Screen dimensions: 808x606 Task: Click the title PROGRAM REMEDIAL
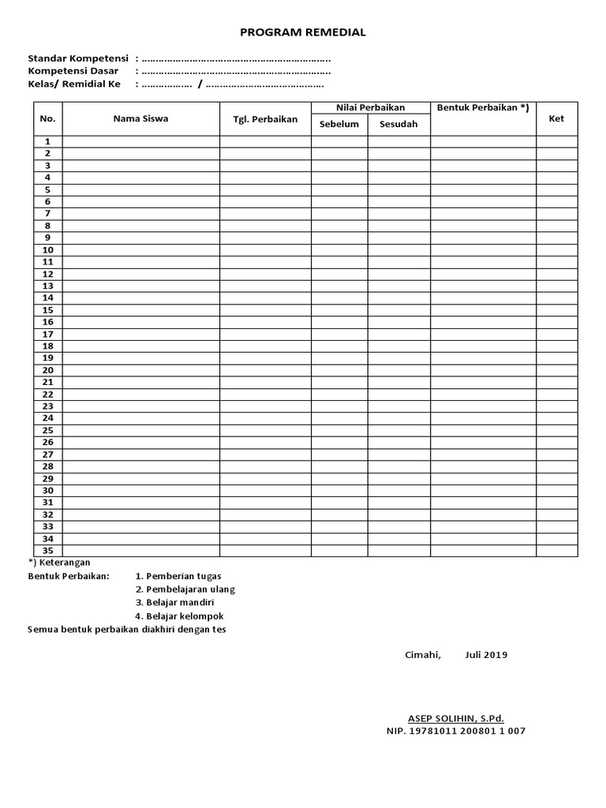(x=303, y=32)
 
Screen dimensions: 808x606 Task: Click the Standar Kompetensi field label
(x=78, y=58)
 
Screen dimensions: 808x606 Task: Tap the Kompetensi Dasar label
(x=73, y=71)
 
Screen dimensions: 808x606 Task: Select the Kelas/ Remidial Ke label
(x=74, y=84)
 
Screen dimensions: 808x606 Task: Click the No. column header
(x=47, y=118)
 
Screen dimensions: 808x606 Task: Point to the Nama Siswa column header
(x=140, y=118)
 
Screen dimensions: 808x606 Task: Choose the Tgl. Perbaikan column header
(x=265, y=119)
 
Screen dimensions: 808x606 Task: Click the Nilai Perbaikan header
(x=370, y=107)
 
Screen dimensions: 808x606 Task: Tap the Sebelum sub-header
(x=339, y=124)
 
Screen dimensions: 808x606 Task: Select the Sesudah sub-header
(x=398, y=124)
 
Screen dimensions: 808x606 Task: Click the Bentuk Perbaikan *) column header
(x=483, y=107)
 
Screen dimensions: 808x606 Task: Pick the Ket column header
(x=556, y=118)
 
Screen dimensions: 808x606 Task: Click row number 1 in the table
(x=47, y=141)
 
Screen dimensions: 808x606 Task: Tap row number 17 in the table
(x=47, y=334)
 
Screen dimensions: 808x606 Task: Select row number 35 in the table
(x=47, y=551)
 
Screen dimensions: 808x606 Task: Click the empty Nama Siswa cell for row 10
(x=140, y=249)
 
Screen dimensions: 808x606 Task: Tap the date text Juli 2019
(x=486, y=655)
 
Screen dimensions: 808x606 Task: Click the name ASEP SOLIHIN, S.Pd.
(x=455, y=718)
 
